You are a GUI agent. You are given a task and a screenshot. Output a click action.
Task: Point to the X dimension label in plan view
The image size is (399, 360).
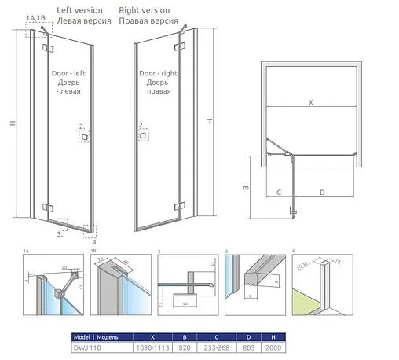click(310, 103)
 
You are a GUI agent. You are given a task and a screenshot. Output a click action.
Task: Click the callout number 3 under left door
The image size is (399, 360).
click(60, 233)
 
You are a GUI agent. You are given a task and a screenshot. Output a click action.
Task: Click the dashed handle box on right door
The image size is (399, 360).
click(141, 136)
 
